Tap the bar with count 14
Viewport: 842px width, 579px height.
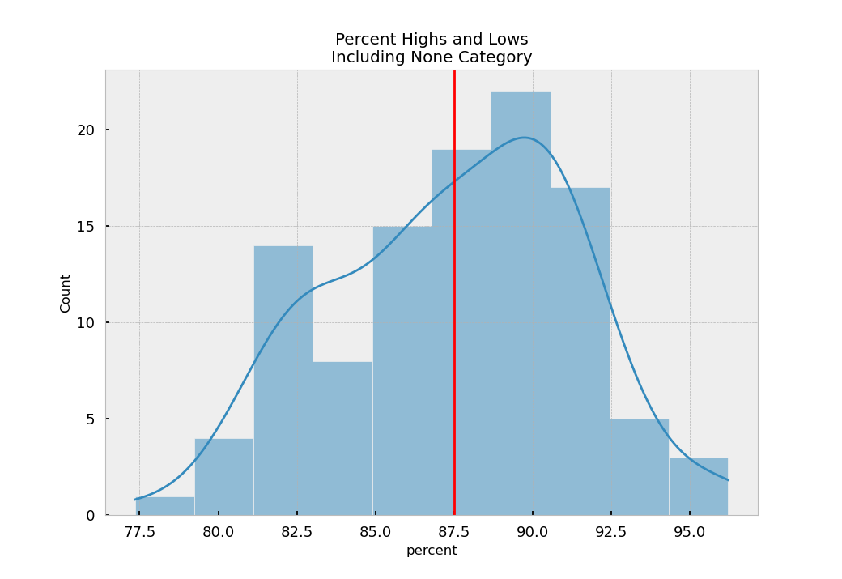tap(283, 380)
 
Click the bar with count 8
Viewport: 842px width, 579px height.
tap(342, 438)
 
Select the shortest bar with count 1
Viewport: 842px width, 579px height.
tap(164, 506)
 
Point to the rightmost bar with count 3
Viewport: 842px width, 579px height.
tap(698, 487)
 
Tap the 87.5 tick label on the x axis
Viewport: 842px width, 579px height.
tap(454, 532)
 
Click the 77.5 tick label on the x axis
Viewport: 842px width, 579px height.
tap(139, 532)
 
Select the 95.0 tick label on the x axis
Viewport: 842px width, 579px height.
tap(690, 532)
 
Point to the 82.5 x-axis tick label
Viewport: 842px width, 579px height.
tap(297, 532)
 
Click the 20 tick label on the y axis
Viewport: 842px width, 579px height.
tap(87, 130)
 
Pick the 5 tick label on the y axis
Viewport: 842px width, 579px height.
tap(91, 419)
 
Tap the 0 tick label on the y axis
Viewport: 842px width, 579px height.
tap(91, 516)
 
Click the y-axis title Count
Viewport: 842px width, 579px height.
tap(66, 292)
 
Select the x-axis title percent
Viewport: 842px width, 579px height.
tap(432, 551)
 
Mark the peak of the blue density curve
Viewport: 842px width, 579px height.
tap(525, 138)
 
